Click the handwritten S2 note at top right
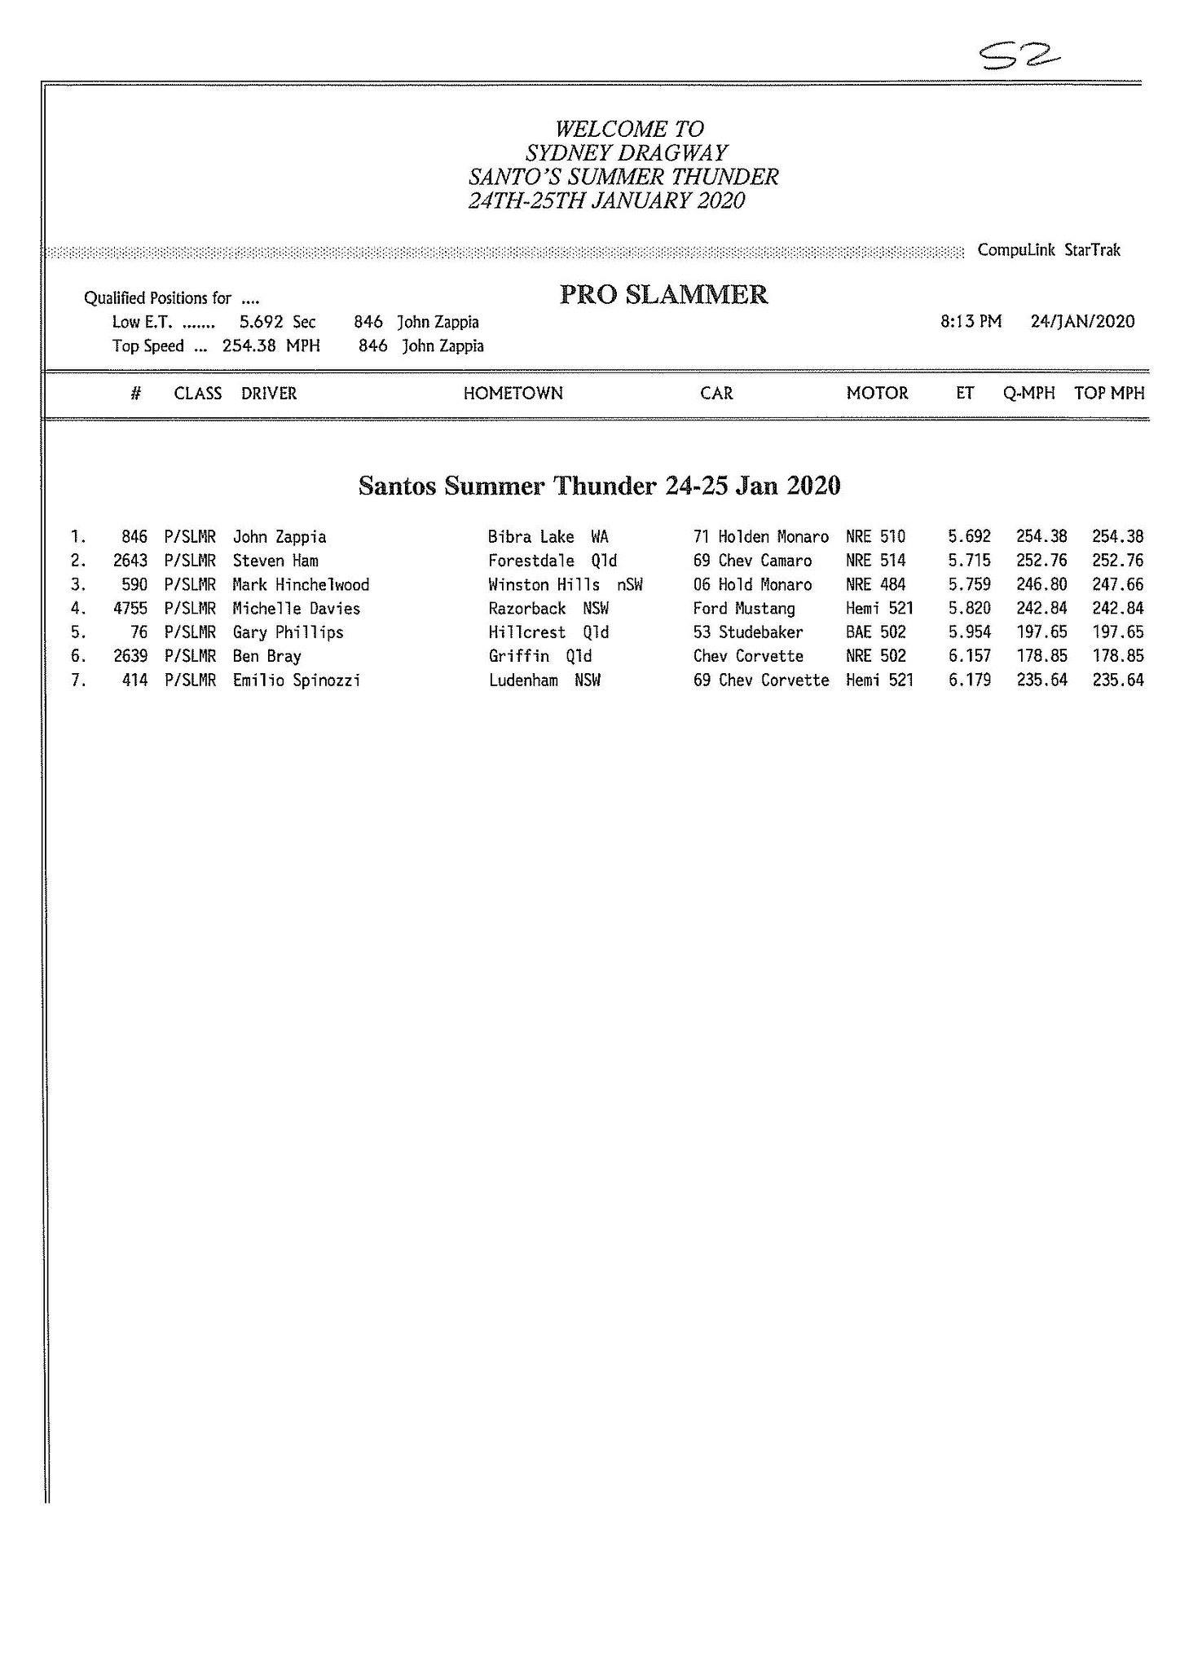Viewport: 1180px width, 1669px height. (x=1019, y=55)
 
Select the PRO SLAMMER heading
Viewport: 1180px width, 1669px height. (x=663, y=295)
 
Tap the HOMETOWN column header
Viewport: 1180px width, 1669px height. (x=513, y=394)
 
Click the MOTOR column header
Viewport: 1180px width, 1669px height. (x=876, y=394)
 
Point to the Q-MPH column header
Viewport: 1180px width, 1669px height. (x=1028, y=394)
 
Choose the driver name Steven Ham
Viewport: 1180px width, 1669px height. (x=275, y=561)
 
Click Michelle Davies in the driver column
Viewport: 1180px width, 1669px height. (x=296, y=609)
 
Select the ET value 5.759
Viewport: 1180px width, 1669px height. (x=969, y=585)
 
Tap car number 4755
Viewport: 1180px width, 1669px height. (x=130, y=609)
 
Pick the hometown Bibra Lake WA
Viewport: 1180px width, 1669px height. (x=548, y=537)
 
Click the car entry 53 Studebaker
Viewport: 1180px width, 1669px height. (x=747, y=632)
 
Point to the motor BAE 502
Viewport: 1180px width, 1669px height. (x=875, y=632)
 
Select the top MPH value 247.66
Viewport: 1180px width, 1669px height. (x=1117, y=585)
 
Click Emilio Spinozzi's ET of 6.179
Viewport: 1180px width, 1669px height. (x=969, y=680)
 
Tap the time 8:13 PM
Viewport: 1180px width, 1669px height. (x=970, y=322)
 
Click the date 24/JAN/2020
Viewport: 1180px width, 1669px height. (x=1081, y=322)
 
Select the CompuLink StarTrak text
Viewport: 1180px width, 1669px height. (x=1049, y=250)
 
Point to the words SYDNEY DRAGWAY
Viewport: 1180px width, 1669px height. (x=626, y=152)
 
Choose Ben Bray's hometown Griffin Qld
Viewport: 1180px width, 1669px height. (x=539, y=657)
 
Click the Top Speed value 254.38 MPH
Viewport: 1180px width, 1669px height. (x=271, y=346)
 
